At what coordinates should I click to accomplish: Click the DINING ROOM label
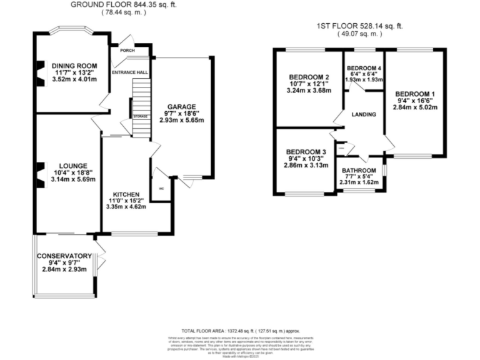(75, 66)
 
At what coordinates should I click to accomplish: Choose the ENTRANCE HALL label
(129, 72)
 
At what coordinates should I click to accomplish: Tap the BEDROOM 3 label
(306, 152)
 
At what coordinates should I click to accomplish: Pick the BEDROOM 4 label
(363, 67)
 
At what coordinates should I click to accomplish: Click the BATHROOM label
(359, 171)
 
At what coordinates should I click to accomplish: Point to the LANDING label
(364, 114)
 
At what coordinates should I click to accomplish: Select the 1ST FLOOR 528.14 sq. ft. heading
(359, 26)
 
